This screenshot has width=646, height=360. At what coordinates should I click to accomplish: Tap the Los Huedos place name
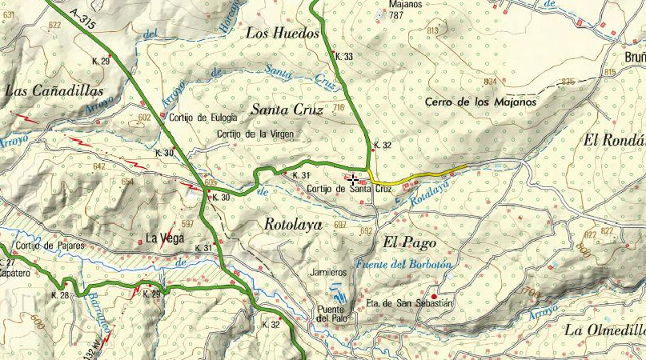coord(283,34)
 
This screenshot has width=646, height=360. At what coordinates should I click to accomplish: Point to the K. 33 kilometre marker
coord(344,57)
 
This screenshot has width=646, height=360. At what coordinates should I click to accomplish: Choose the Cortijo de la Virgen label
coord(255,134)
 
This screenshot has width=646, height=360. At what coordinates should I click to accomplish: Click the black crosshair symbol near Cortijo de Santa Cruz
coord(353,181)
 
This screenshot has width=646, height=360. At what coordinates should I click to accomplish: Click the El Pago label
coord(402,242)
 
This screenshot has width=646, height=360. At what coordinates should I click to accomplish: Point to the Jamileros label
coord(330,272)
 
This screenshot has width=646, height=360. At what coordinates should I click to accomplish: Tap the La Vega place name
coord(165,238)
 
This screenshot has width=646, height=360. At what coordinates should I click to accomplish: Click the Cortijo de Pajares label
coord(49,246)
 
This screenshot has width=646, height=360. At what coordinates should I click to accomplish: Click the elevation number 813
coord(433,30)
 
